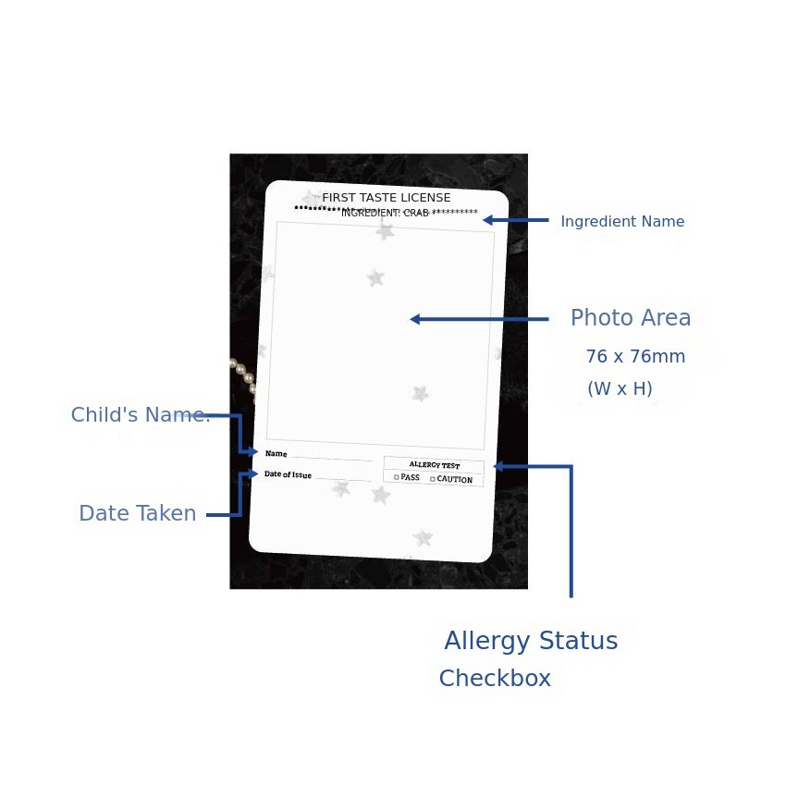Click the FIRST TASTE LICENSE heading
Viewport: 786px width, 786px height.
pyautogui.click(x=386, y=198)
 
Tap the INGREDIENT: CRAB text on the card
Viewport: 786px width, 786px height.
pyautogui.click(x=385, y=213)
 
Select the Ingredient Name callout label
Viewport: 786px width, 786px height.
pyautogui.click(x=622, y=222)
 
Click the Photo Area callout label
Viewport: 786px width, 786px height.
pyautogui.click(x=631, y=318)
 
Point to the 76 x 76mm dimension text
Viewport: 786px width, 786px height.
pyautogui.click(x=635, y=356)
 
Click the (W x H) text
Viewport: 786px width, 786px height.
pyautogui.click(x=620, y=388)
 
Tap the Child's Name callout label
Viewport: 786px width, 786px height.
pyautogui.click(x=141, y=415)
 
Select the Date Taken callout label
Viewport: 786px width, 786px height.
pyautogui.click(x=138, y=513)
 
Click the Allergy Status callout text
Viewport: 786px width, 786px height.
pyautogui.click(x=531, y=641)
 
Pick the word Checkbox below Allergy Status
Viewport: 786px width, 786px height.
pyautogui.click(x=495, y=678)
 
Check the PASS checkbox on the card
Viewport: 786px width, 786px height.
pyautogui.click(x=397, y=477)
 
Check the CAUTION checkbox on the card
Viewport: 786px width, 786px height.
pyautogui.click(x=432, y=479)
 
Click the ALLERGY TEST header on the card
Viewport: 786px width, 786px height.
pyautogui.click(x=434, y=465)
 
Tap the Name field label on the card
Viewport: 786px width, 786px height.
pyautogui.click(x=276, y=454)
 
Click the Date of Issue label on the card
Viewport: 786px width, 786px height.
pyautogui.click(x=289, y=474)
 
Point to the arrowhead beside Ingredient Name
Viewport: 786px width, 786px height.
pyautogui.click(x=487, y=220)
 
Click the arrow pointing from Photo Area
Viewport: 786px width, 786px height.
pyautogui.click(x=479, y=319)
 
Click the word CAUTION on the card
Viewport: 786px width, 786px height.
pyautogui.click(x=455, y=479)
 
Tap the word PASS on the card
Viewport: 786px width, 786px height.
pyautogui.click(x=410, y=477)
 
